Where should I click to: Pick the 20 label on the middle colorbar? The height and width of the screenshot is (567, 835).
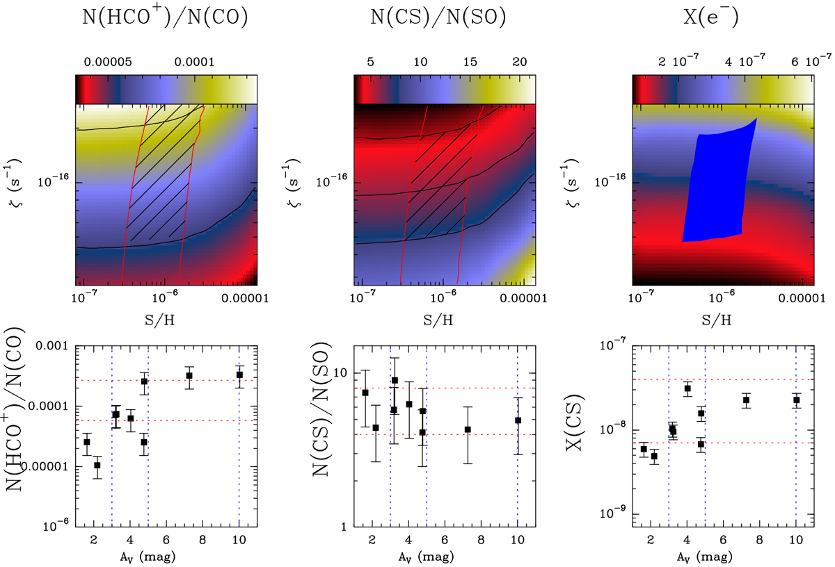pyautogui.click(x=519, y=62)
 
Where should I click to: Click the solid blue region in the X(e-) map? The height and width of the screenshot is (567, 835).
pyautogui.click(x=717, y=188)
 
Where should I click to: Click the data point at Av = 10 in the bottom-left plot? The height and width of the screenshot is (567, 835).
pyautogui.click(x=239, y=375)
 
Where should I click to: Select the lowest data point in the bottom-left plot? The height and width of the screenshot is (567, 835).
pyautogui.click(x=97, y=466)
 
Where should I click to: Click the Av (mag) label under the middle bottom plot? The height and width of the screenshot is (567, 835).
pyautogui.click(x=444, y=556)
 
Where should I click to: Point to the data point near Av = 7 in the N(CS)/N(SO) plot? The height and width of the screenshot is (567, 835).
pyautogui.click(x=468, y=429)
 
